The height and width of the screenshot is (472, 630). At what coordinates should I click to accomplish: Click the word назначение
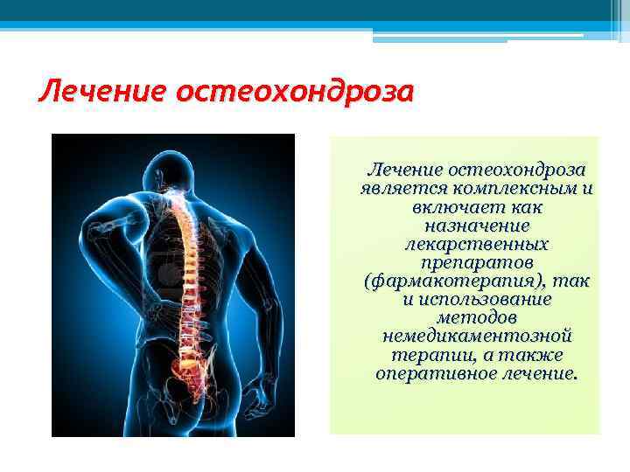(476, 226)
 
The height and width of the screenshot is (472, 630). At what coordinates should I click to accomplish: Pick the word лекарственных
(477, 244)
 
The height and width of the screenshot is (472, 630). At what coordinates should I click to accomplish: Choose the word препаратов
(477, 262)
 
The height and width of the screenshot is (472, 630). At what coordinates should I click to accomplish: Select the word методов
(477, 318)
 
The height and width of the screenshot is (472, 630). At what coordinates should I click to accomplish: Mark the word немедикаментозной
(477, 337)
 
